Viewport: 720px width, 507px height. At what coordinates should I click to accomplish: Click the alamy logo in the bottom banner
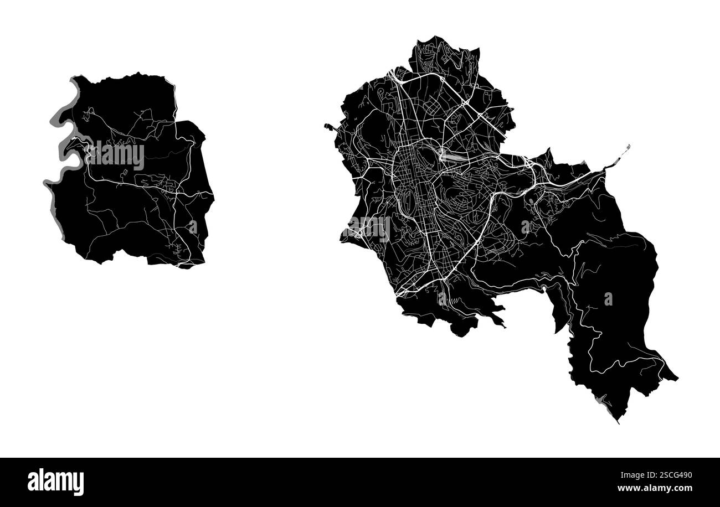point(55,482)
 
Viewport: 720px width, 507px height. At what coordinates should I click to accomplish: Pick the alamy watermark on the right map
point(369,228)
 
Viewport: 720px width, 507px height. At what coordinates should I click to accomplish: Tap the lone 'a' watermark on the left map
point(192,227)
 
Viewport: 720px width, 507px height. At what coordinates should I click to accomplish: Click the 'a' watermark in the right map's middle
point(525,226)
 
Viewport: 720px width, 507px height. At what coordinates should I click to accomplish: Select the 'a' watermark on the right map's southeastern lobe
point(608,299)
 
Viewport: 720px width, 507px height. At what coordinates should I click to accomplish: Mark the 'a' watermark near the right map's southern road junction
point(442,299)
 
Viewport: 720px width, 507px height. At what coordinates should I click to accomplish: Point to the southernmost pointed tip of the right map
point(618,421)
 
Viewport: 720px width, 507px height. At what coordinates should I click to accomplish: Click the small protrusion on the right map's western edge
point(330,127)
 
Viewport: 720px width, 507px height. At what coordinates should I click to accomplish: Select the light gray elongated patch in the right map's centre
point(451,157)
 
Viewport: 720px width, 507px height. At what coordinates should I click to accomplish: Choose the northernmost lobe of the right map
point(443,53)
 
